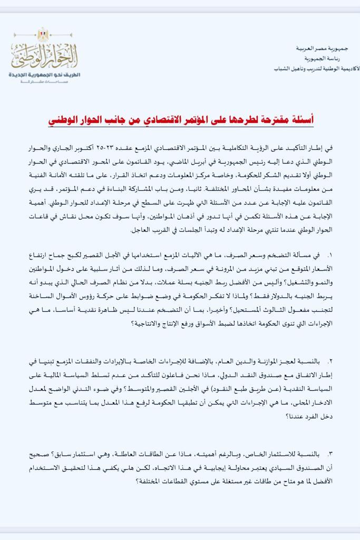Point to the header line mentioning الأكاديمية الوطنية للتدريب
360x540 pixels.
pos(316,69)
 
